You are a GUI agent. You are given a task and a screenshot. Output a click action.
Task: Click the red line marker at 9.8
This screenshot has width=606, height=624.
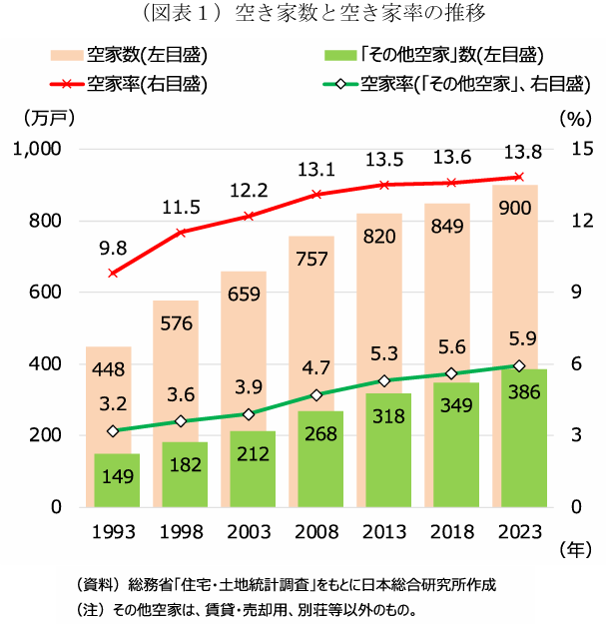click(113, 273)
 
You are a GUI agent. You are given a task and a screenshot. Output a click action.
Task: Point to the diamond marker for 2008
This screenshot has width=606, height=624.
click(315, 395)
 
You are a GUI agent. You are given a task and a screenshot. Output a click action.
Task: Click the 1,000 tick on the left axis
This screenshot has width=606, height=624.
click(39, 149)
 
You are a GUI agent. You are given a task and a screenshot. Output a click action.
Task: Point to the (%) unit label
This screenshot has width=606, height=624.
click(576, 118)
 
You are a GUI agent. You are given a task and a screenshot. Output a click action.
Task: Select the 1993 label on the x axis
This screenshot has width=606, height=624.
click(113, 531)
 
